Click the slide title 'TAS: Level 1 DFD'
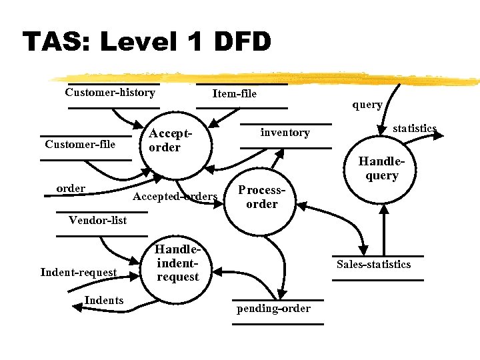pos(147,41)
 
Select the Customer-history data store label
pos(110,93)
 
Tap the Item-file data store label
pos(234,93)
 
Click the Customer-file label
pos(80,144)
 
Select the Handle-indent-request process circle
pos(178,263)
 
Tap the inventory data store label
pos(285,132)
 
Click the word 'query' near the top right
pos(367,105)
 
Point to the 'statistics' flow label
pos(414,128)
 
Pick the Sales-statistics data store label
pos(373,264)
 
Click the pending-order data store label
pos(273,308)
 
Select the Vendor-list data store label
pos(97,220)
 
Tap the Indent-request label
pos(78,271)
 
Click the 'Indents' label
pos(104,300)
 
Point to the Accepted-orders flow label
pos(175,196)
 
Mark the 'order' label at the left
pos(71,188)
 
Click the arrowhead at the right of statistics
pos(439,135)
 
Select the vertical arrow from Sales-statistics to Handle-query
pos(384,230)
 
